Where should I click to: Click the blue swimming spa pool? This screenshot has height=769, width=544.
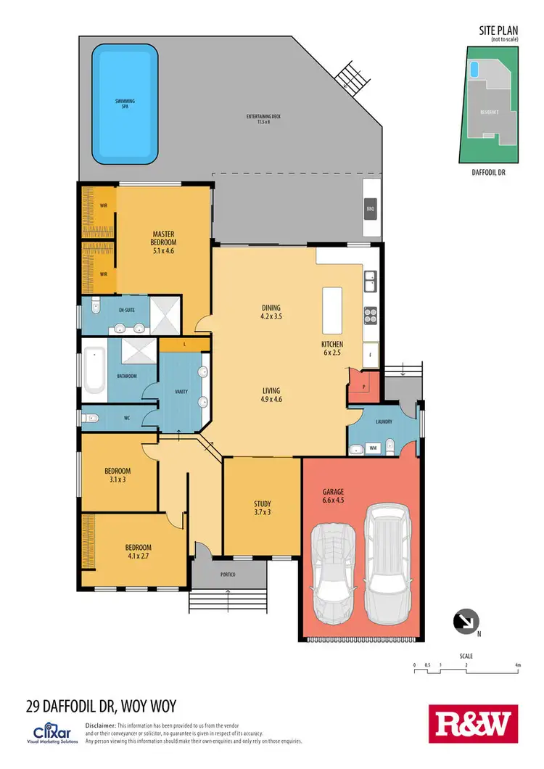click(125, 104)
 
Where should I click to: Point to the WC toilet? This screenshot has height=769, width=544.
click(90, 418)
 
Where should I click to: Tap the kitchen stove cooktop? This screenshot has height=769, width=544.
click(368, 316)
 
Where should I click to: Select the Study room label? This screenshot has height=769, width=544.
click(262, 507)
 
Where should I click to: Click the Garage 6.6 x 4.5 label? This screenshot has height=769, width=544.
click(334, 495)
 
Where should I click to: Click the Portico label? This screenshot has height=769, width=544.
click(228, 575)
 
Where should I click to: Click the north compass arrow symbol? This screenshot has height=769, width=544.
click(463, 621)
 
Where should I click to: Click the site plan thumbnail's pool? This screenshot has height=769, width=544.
click(474, 69)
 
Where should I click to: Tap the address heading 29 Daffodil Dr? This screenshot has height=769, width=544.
click(101, 704)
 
